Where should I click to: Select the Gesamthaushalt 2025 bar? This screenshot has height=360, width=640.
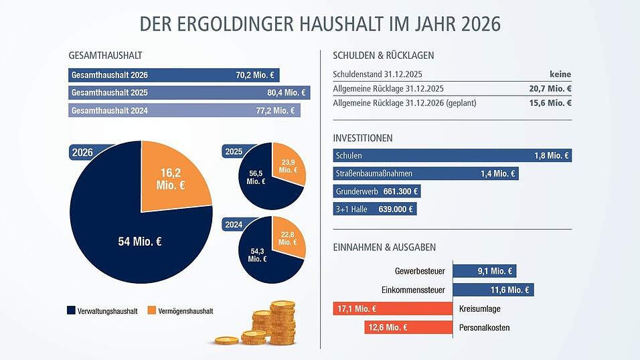(x=188, y=93)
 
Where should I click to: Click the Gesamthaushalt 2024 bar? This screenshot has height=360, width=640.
(x=184, y=110)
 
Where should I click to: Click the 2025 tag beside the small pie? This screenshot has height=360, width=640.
(x=234, y=152)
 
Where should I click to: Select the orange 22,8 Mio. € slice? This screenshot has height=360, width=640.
(x=287, y=238)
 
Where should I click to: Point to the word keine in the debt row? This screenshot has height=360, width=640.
(x=560, y=74)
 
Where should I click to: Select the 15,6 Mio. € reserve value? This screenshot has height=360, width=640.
(x=550, y=103)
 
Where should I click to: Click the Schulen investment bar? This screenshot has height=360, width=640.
(x=452, y=156)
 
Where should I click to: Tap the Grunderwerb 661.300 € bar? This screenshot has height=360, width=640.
(x=377, y=191)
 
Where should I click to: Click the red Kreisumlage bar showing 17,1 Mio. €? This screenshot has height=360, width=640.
(x=393, y=309)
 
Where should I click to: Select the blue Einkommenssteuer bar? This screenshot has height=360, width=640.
(x=493, y=290)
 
